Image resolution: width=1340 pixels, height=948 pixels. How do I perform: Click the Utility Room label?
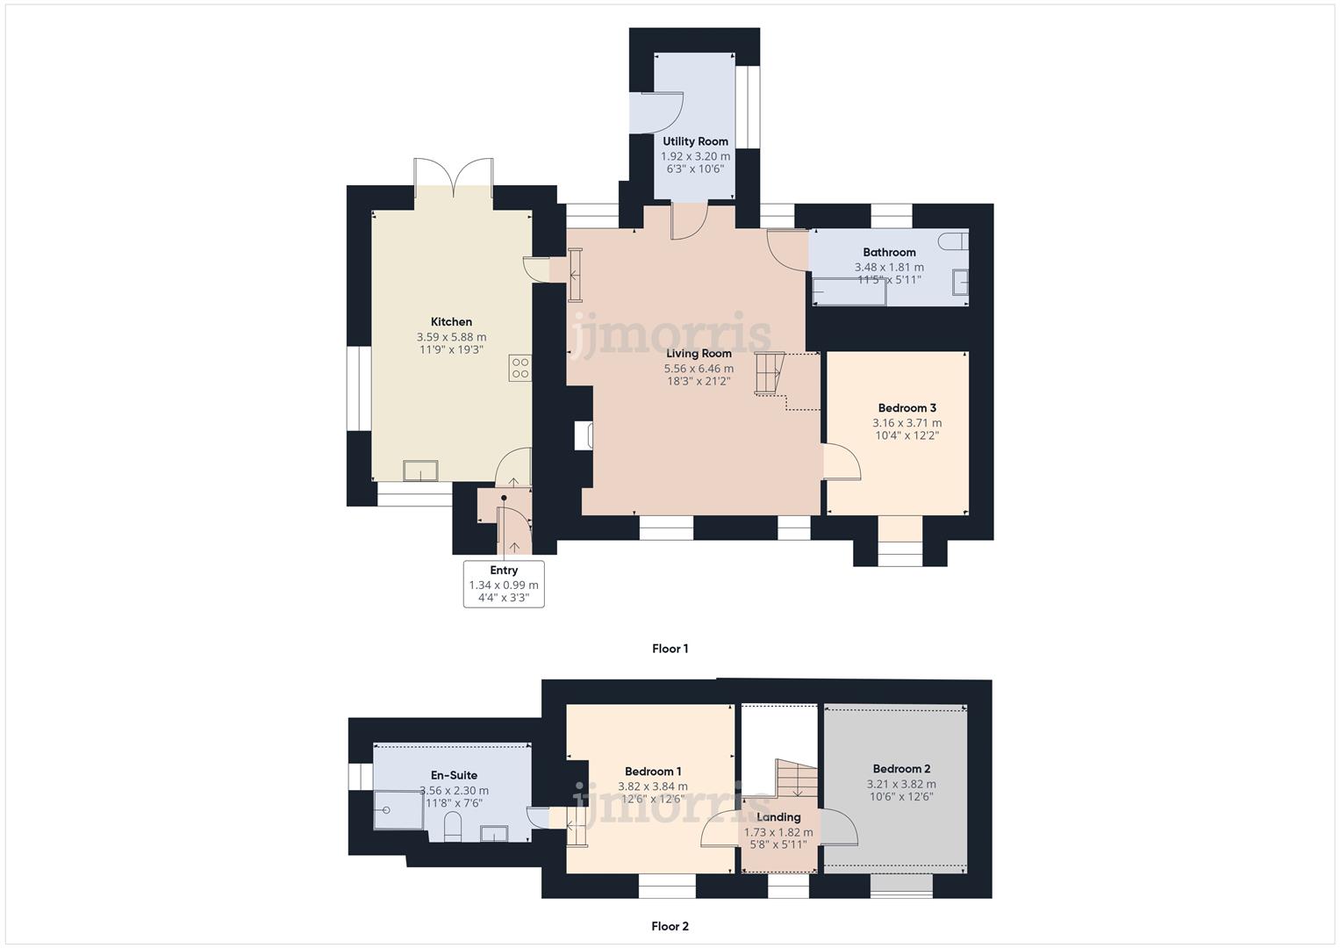coord(695,141)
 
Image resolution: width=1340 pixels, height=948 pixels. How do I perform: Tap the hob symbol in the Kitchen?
coord(520,368)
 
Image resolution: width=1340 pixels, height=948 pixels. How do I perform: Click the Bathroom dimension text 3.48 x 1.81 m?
coord(889,267)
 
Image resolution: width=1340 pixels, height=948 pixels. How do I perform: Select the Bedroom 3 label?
coord(906,408)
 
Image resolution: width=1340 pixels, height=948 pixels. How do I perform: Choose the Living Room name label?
coord(699,354)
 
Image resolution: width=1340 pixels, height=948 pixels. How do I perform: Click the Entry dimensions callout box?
coord(504,585)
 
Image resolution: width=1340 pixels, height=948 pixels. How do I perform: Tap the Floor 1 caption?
coord(670,649)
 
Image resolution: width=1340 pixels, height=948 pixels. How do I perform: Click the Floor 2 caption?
coord(670,926)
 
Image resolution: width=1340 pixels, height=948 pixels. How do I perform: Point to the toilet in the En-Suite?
coord(453,827)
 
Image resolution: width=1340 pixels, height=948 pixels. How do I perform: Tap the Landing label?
coord(778,817)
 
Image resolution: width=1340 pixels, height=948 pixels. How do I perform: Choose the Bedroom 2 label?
coord(901,769)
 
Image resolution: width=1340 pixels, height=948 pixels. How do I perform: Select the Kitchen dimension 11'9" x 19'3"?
coord(451,349)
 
